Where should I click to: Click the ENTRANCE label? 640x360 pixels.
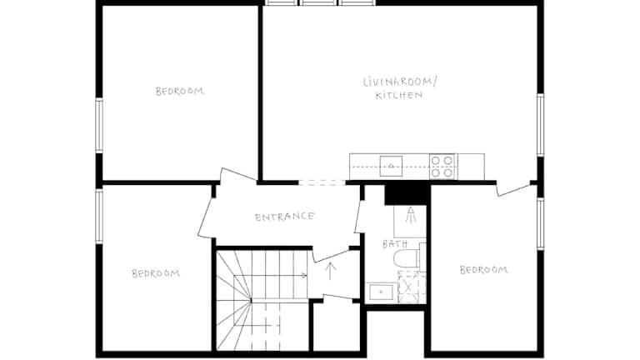(284, 217)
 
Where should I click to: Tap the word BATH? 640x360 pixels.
(395, 244)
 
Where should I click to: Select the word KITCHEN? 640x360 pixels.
(399, 96)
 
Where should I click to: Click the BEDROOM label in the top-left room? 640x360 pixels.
(180, 91)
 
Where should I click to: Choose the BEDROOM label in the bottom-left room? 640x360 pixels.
(156, 273)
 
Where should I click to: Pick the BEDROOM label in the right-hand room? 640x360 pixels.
(483, 270)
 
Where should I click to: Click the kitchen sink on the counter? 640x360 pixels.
(391, 166)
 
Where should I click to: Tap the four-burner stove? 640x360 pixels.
(442, 167)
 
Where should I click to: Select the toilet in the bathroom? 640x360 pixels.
(406, 258)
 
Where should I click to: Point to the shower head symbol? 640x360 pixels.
(411, 215)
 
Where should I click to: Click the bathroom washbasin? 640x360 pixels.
(381, 292)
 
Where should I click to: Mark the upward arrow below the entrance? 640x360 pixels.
(330, 271)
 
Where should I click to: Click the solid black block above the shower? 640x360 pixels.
(407, 195)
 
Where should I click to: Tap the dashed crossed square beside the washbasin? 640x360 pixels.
(412, 287)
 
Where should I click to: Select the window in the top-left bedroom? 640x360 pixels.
(99, 126)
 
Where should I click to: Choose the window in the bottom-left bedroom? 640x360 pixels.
(99, 217)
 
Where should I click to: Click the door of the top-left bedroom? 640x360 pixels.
(239, 175)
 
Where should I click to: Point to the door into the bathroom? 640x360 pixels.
(359, 217)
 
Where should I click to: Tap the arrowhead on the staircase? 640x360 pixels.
(303, 276)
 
